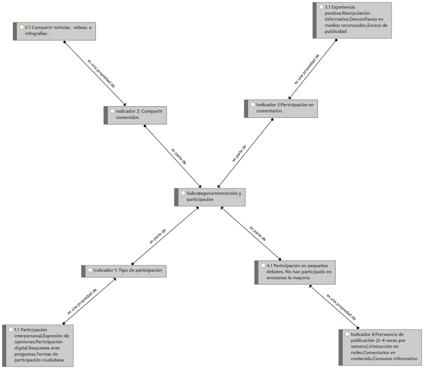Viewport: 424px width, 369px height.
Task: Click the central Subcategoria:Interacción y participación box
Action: point(210,197)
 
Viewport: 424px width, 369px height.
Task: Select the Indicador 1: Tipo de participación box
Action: point(124,271)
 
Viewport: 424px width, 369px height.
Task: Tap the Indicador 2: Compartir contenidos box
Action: point(135,115)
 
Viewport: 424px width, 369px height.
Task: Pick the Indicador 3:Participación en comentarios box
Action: point(281,108)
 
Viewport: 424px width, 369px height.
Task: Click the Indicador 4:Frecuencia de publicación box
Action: point(380,347)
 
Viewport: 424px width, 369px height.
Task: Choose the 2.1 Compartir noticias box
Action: point(54,32)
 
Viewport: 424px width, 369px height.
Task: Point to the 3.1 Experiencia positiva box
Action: point(352,20)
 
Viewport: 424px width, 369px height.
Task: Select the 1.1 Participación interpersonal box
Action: point(38,345)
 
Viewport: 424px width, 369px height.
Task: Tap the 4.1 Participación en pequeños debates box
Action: point(295,273)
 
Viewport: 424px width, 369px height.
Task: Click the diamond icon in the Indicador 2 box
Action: point(112,111)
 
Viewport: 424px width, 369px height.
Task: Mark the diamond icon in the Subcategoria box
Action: point(183,193)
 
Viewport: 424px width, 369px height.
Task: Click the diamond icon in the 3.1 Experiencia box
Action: point(321,7)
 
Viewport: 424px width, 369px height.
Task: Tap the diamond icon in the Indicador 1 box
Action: point(90,270)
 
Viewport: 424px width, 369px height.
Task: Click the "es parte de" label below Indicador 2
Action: point(179,156)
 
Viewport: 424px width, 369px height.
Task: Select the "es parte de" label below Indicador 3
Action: point(239,153)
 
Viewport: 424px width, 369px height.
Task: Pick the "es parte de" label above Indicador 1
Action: point(158,237)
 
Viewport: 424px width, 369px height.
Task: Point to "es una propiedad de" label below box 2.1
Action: point(101,73)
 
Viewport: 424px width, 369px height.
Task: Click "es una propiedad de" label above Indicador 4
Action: point(341,307)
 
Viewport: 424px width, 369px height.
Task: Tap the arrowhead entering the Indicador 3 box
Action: point(289,98)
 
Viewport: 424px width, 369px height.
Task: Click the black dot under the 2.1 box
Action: point(64,42)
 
